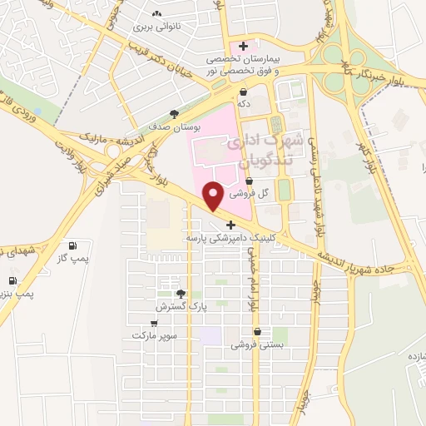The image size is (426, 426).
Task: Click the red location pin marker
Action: pos(213,196)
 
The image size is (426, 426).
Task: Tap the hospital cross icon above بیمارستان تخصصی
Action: pos(243,45)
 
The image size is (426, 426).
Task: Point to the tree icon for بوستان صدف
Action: pos(174,114)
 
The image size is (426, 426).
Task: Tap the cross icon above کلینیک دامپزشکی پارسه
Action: pos(230,225)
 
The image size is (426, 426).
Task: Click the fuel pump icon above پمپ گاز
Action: pos(72,246)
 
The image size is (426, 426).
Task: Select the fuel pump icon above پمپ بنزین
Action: pos(12,280)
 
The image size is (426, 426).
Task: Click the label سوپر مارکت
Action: pos(154,334)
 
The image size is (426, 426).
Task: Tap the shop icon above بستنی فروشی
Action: pos(257,331)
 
